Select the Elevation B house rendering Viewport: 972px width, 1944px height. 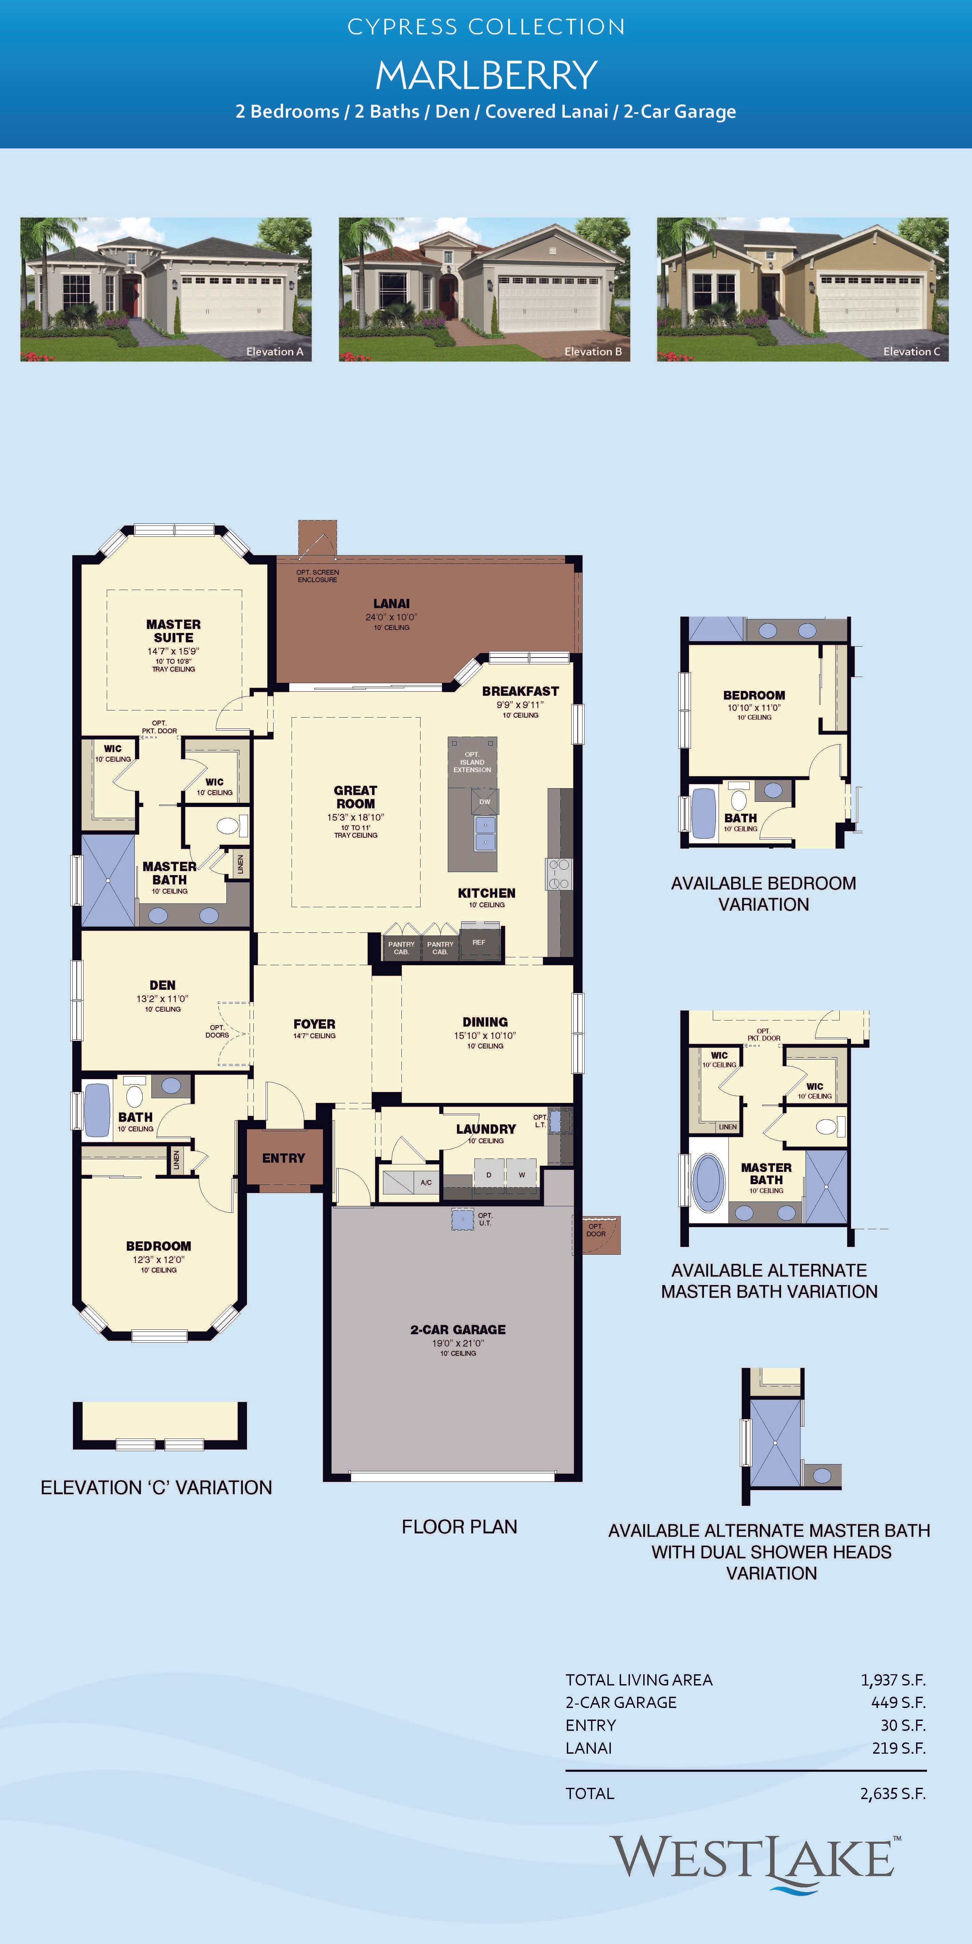click(x=485, y=289)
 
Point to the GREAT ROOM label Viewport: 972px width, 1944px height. click(x=355, y=797)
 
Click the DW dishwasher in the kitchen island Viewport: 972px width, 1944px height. click(x=485, y=801)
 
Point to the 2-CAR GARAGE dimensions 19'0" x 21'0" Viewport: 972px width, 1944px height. click(x=458, y=1343)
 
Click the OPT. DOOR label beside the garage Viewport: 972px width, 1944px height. click(x=596, y=1230)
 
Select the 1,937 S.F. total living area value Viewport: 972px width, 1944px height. click(x=893, y=1680)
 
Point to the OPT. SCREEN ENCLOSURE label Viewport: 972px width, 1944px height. click(x=318, y=576)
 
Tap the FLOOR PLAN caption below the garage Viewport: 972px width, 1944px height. click(x=460, y=1527)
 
